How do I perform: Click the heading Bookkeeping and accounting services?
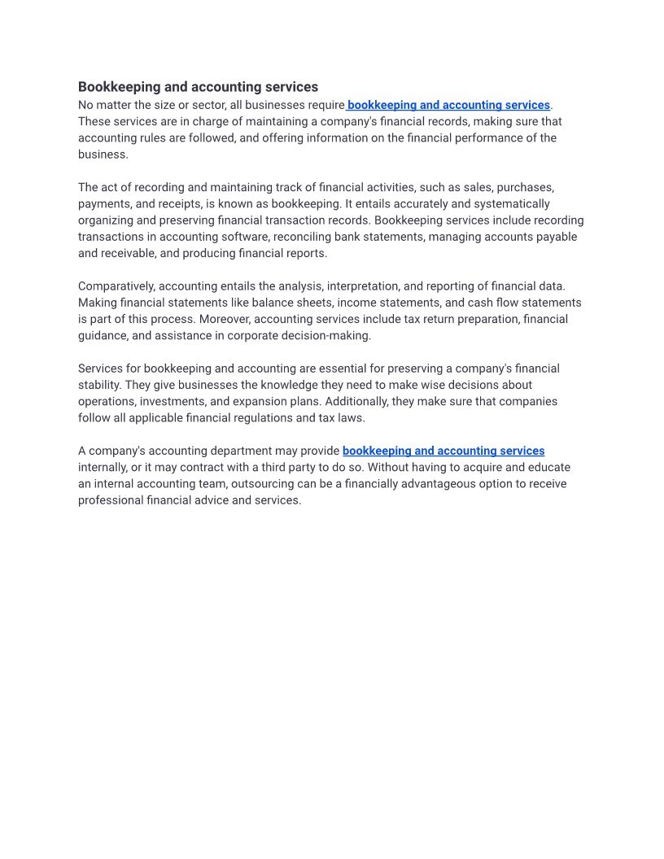[x=198, y=87]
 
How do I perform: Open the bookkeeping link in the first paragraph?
[x=448, y=105]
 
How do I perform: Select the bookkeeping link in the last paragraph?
[x=443, y=451]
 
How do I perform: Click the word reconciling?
[x=304, y=237]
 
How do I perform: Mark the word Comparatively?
[x=116, y=286]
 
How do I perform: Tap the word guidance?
[x=103, y=335]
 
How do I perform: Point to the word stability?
[x=99, y=385]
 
